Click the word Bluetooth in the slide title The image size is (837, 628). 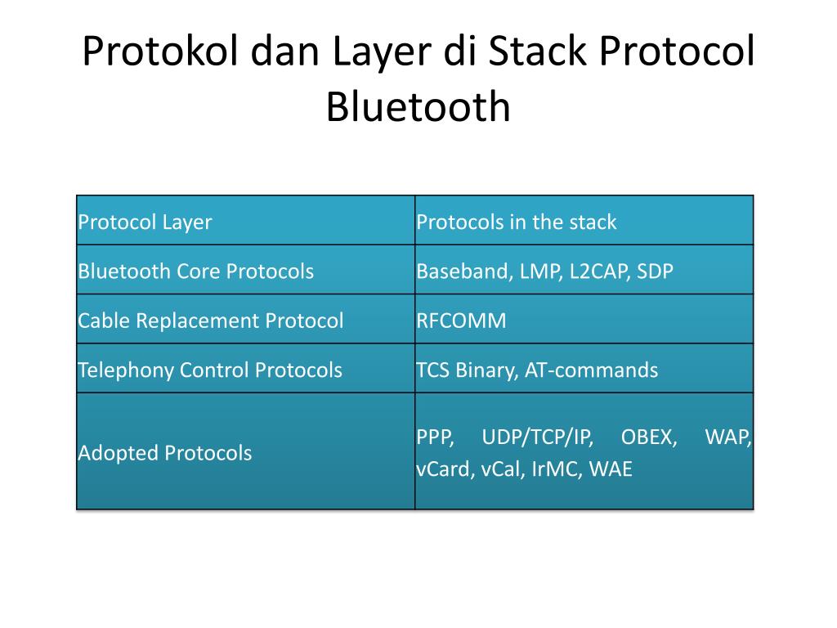pyautogui.click(x=418, y=107)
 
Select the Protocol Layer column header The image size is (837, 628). pyautogui.click(x=145, y=222)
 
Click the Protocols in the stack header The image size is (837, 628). pyautogui.click(x=516, y=222)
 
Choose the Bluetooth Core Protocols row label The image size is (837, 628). pyautogui.click(x=195, y=271)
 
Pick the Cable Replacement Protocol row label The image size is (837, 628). pyautogui.click(x=210, y=321)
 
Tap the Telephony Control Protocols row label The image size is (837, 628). pyautogui.click(x=209, y=370)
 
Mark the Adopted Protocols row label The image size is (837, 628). pyautogui.click(x=164, y=452)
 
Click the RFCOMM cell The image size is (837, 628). pyautogui.click(x=461, y=321)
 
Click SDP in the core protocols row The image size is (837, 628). pyautogui.click(x=656, y=271)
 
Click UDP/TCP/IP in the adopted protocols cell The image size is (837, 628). pyautogui.click(x=537, y=437)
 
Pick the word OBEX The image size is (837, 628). pyautogui.click(x=649, y=437)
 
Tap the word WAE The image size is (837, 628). pyautogui.click(x=611, y=470)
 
